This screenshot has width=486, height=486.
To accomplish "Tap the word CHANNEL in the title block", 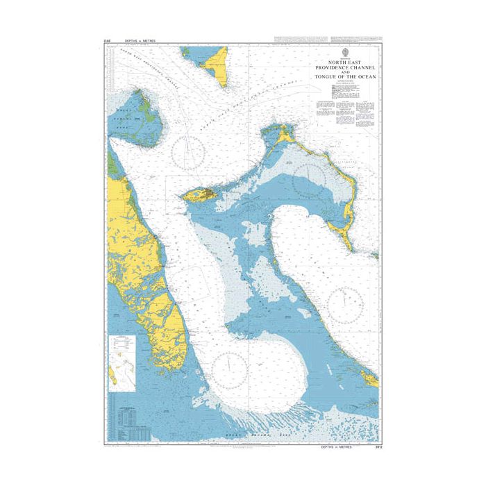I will click(361, 67).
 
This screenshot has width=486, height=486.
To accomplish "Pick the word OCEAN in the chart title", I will click(367, 77).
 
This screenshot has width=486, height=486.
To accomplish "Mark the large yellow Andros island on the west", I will click(139, 264).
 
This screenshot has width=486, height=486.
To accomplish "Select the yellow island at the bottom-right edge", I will click(371, 378).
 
